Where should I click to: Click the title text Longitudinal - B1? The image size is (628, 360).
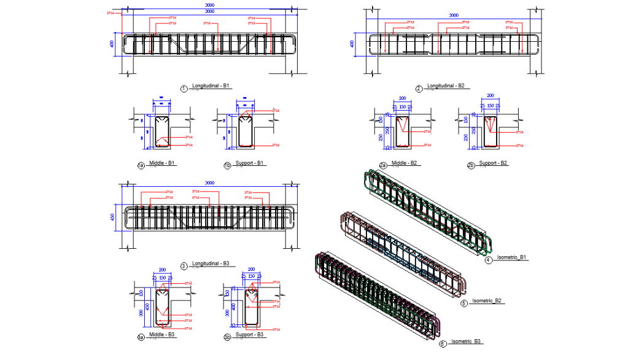tap(211, 86)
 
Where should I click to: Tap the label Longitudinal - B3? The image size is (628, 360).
tap(210, 264)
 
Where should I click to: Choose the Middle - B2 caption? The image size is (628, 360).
tap(405, 163)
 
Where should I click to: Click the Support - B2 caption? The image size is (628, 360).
tap(492, 163)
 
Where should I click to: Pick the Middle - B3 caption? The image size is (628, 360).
tap(162, 335)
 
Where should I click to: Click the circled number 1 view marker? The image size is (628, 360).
tap(184, 88)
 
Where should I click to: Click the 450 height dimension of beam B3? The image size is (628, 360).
tap(113, 218)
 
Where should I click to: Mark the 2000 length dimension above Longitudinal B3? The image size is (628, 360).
tap(210, 183)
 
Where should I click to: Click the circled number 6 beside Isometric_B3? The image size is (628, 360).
tap(443, 344)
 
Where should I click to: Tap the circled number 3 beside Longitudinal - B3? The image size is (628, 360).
tap(184, 266)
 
